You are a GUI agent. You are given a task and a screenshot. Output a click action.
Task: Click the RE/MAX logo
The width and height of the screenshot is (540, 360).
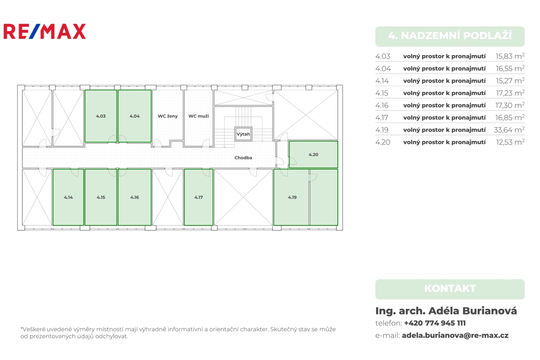point(45,31)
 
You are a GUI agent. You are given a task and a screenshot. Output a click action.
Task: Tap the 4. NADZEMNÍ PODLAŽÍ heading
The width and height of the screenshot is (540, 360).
point(450,36)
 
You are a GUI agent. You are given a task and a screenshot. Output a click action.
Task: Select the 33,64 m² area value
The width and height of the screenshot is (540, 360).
point(509,130)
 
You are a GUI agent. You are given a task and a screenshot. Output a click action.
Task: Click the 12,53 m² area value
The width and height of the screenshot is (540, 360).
point(510,142)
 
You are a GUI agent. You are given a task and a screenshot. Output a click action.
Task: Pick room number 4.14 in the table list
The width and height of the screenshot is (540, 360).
point(382,81)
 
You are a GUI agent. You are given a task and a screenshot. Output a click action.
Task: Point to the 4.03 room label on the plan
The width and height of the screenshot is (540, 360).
point(101,116)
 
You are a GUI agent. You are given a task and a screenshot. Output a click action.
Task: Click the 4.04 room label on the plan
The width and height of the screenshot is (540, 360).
point(135,116)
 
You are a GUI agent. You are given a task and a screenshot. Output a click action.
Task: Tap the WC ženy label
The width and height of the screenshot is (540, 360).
point(168,116)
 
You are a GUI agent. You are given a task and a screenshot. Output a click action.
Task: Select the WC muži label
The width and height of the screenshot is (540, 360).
point(199,116)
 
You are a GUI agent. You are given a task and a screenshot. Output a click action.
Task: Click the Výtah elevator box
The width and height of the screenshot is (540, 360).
point(243,134)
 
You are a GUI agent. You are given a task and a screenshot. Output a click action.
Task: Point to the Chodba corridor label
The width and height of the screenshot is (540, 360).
point(243,158)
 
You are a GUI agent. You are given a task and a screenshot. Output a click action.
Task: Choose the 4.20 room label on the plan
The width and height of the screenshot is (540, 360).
point(314,155)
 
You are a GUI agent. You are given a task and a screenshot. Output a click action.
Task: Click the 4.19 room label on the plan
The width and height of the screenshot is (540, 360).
point(292,197)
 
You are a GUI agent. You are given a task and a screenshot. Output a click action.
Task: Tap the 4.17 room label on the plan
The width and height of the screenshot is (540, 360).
point(199,197)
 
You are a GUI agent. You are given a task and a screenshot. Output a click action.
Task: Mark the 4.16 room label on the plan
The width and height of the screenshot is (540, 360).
point(135,197)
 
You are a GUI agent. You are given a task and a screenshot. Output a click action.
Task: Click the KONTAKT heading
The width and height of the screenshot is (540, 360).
point(450,289)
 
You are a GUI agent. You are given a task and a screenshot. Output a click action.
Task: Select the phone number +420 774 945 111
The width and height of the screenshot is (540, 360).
point(435,323)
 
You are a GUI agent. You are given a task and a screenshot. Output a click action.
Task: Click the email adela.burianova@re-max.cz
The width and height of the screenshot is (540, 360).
point(455,335)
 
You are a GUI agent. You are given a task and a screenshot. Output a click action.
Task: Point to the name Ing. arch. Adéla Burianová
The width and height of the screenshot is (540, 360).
point(446,311)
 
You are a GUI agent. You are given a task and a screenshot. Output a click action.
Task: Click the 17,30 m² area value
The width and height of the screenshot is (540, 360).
point(510,105)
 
